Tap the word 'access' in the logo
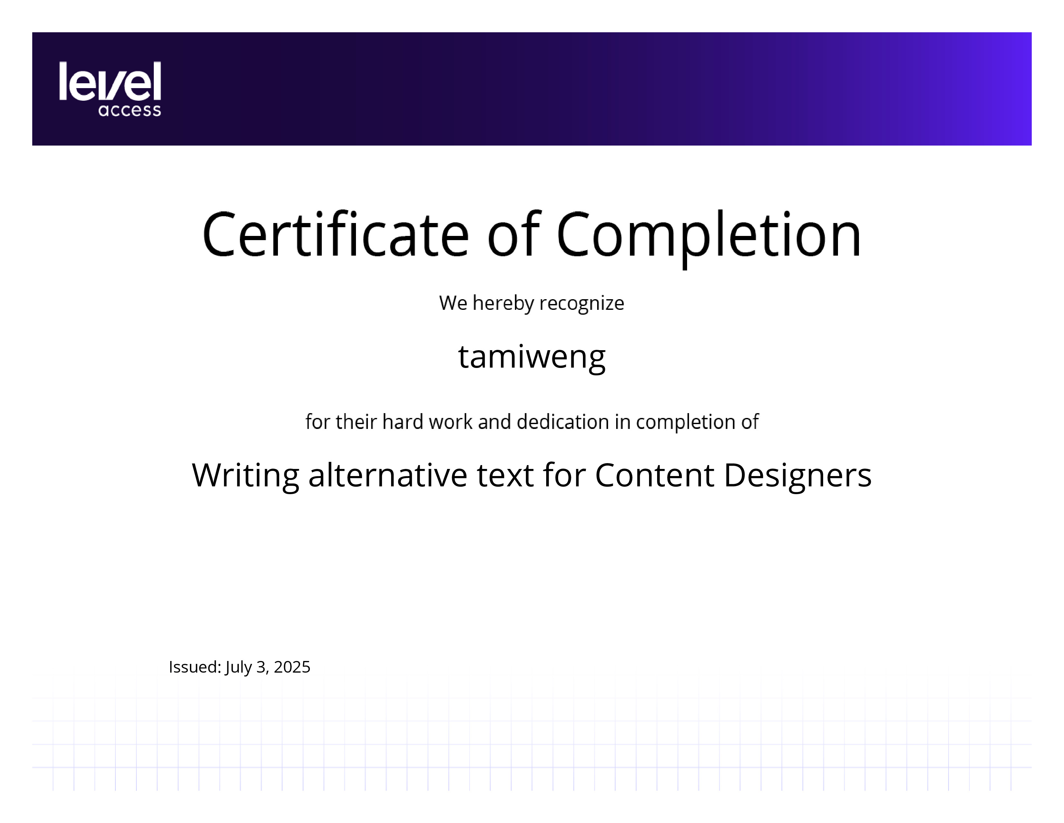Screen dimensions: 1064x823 pyautogui.click(x=130, y=110)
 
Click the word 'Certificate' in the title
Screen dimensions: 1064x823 pyautogui.click(x=336, y=234)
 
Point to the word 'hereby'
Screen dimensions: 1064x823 pyautogui.click(x=504, y=303)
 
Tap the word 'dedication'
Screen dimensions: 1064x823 pyautogui.click(x=563, y=422)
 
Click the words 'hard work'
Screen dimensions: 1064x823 pyautogui.click(x=427, y=422)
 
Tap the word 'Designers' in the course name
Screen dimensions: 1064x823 pyautogui.click(x=797, y=476)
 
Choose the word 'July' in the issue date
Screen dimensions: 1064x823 pyautogui.click(x=239, y=667)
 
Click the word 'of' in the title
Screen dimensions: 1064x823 pyautogui.click(x=514, y=234)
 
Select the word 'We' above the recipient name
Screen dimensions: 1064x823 pyautogui.click(x=453, y=303)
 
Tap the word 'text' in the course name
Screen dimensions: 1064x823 pyautogui.click(x=505, y=476)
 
